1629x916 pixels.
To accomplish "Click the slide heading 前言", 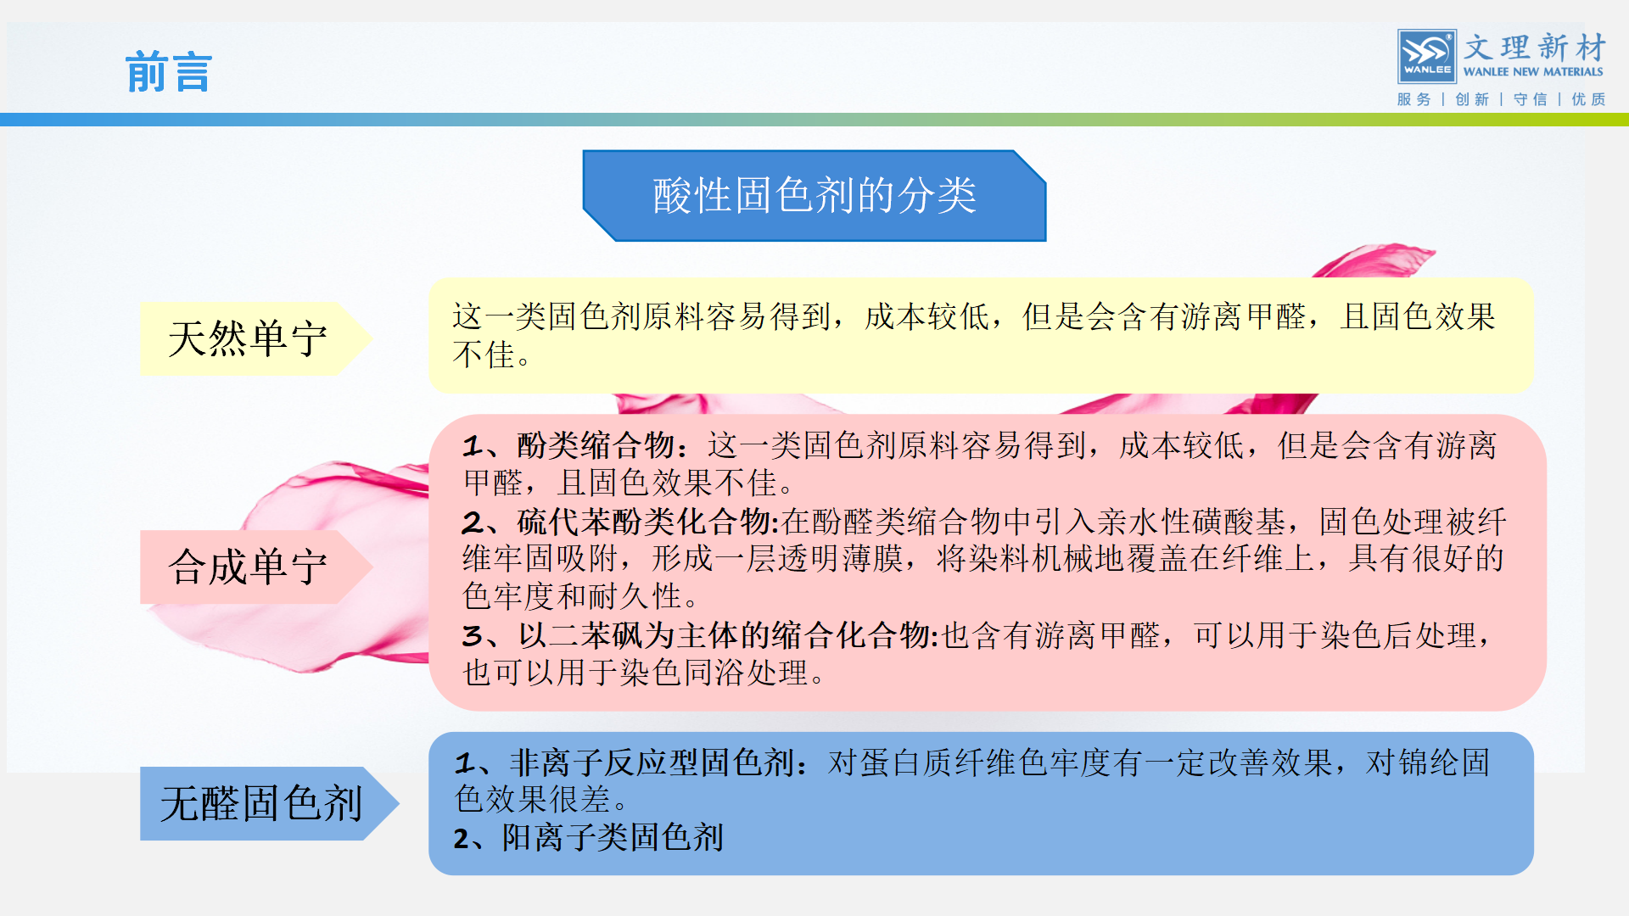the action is (x=168, y=72).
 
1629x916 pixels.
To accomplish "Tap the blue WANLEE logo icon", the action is (x=1426, y=56).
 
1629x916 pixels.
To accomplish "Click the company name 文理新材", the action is (x=1535, y=47).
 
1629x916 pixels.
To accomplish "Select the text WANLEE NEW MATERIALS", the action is (x=1533, y=72).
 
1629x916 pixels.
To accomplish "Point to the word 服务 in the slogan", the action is (x=1413, y=99).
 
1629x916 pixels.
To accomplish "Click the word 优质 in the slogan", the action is (x=1588, y=99).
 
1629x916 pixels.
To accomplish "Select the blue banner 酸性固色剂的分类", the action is (x=814, y=196).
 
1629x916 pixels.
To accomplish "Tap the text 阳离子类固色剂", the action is (x=613, y=838).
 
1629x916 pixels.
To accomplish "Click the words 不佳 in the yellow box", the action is (x=484, y=355).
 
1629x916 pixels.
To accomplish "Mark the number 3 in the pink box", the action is (x=472, y=636).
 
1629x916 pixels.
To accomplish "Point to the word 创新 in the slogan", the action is (x=1472, y=99).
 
